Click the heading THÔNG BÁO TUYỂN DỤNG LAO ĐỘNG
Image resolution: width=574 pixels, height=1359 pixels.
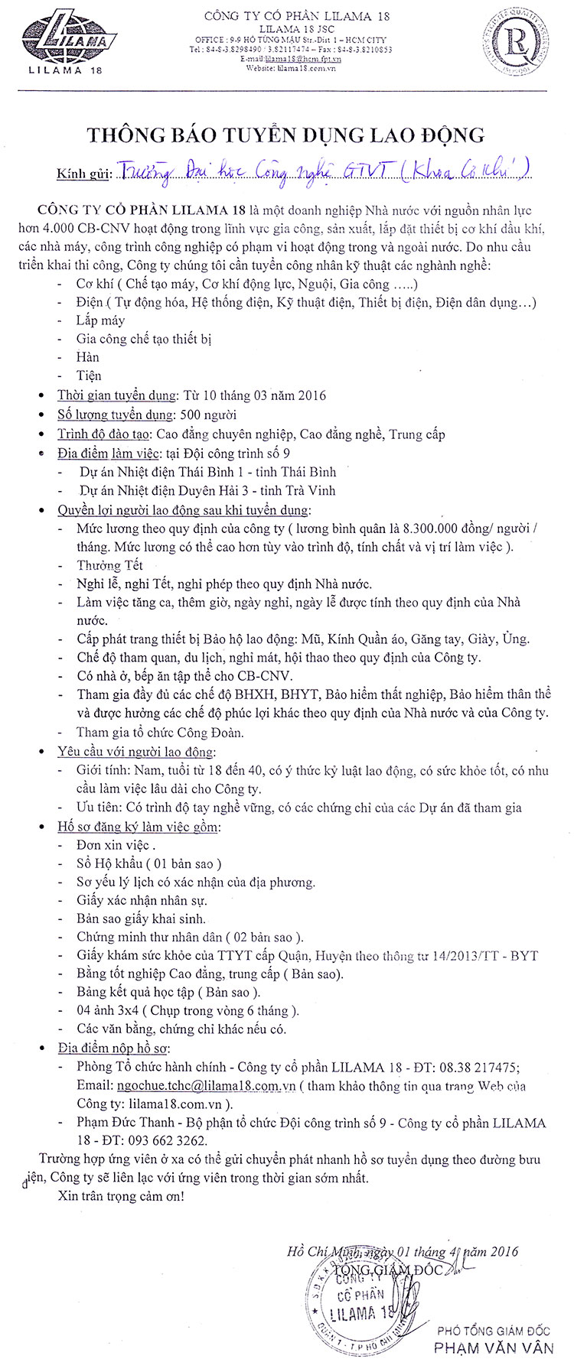click(286, 135)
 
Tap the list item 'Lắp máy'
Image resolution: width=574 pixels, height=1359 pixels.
click(100, 320)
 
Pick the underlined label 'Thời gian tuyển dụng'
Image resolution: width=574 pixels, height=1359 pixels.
click(116, 395)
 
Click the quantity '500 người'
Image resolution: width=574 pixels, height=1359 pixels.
click(207, 415)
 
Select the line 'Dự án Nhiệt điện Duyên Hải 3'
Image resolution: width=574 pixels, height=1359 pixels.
click(207, 490)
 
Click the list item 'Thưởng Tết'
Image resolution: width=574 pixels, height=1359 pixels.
click(109, 565)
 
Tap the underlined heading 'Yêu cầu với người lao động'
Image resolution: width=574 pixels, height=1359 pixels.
click(136, 752)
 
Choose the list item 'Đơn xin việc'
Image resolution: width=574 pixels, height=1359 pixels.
click(115, 845)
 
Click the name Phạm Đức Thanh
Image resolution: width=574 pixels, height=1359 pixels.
click(123, 1123)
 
